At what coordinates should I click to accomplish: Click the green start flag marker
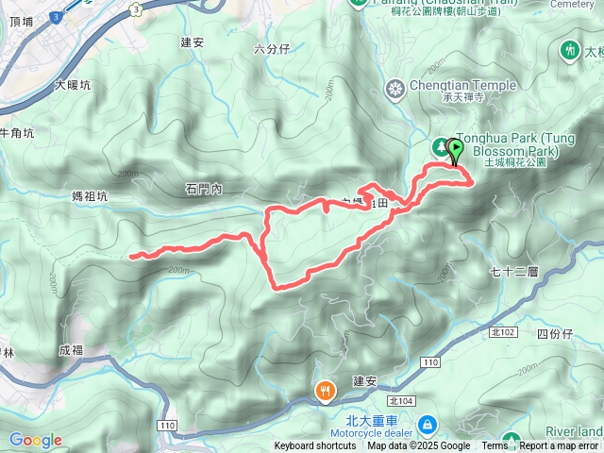click(x=456, y=150)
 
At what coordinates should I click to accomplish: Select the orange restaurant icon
click(x=325, y=390)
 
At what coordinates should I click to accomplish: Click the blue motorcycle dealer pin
click(x=428, y=423)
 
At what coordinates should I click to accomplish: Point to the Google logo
click(x=35, y=440)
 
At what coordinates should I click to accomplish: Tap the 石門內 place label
click(x=203, y=190)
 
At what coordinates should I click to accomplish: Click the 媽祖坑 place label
click(x=90, y=196)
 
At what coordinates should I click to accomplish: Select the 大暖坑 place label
click(x=73, y=85)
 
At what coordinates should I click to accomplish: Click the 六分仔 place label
click(x=272, y=50)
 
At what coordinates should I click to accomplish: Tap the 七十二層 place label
click(x=514, y=272)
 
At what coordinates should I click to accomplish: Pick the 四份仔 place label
click(x=554, y=334)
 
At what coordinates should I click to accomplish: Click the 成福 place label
click(x=71, y=350)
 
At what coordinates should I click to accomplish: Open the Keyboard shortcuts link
click(x=315, y=446)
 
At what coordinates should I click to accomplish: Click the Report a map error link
click(x=559, y=446)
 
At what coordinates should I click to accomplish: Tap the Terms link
click(x=494, y=446)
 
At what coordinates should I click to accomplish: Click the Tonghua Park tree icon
click(x=440, y=147)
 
